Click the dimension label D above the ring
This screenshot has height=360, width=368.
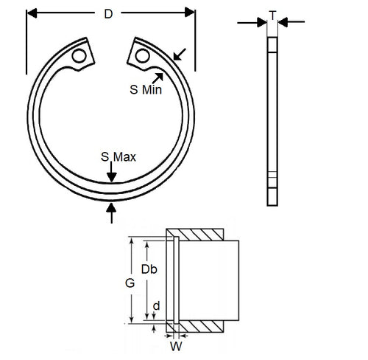click(110, 13)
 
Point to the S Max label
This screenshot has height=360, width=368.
click(118, 157)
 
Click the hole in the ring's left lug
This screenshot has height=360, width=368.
click(79, 55)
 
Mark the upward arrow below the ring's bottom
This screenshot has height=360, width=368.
click(111, 213)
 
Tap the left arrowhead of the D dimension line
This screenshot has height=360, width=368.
click(31, 12)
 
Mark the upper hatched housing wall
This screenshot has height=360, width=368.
click(199, 235)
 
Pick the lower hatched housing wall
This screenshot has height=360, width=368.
click(199, 325)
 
